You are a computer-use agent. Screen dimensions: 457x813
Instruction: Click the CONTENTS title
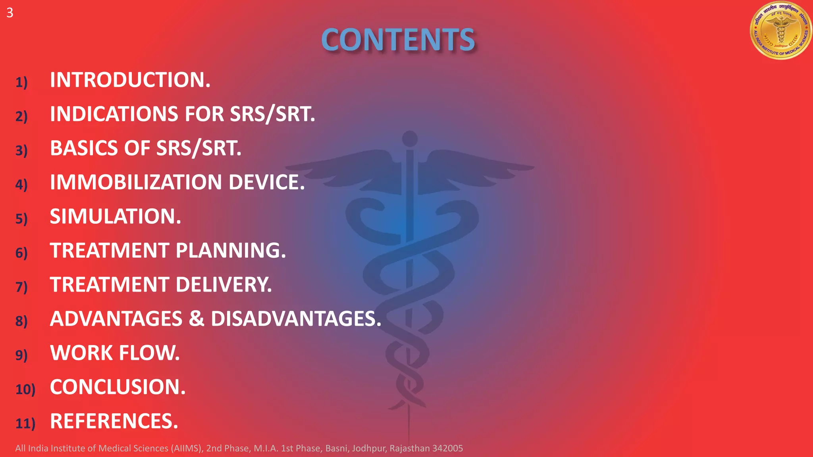(x=398, y=40)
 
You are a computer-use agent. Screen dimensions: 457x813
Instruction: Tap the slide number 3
(x=10, y=13)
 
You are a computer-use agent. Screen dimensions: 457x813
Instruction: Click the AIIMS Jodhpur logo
(x=780, y=31)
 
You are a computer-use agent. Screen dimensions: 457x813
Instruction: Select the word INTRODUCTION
(x=130, y=80)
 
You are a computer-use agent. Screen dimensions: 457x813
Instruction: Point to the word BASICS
(x=84, y=148)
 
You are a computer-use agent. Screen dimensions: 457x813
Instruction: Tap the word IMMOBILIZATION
(x=136, y=182)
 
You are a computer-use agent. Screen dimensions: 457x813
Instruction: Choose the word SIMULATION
(x=115, y=216)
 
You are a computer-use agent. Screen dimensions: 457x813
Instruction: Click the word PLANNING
(x=231, y=250)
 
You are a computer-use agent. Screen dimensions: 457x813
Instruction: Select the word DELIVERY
(x=223, y=284)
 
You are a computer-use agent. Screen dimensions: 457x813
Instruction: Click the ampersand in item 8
(x=196, y=319)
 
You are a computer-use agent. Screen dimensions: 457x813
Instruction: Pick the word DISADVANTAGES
(x=296, y=319)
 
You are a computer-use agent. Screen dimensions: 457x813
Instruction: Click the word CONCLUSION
(x=118, y=387)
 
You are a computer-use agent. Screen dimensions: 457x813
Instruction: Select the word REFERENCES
(x=114, y=421)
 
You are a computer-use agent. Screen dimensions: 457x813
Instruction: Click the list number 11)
(x=25, y=423)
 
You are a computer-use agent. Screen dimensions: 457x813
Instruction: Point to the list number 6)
(x=21, y=252)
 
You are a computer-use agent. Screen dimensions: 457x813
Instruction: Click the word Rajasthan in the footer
(x=410, y=448)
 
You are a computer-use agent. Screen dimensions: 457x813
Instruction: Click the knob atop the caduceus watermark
(x=410, y=139)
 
